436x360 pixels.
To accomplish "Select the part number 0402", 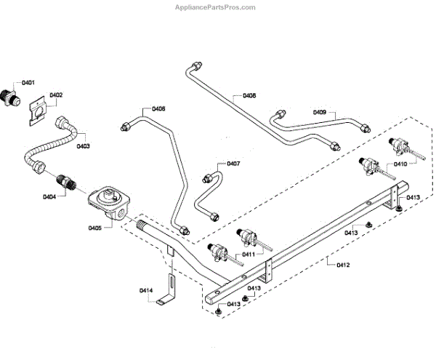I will tap(56, 95).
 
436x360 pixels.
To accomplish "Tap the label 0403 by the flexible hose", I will tap(83, 145).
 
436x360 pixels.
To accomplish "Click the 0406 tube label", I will tap(158, 109).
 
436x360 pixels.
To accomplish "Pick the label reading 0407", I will tap(233, 164).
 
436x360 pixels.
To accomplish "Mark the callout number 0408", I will tap(249, 95).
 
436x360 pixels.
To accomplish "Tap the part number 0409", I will tap(320, 112).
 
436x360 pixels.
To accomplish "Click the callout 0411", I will tap(249, 255).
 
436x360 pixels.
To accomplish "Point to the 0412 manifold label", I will tap(343, 265).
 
